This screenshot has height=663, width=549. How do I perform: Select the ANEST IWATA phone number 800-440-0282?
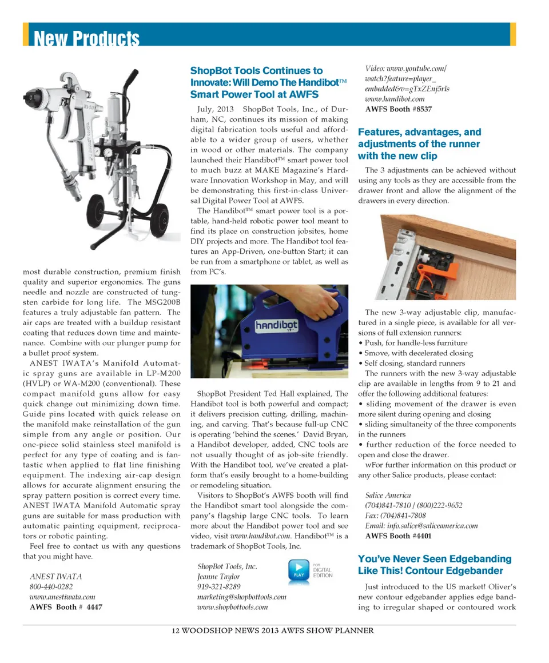51,586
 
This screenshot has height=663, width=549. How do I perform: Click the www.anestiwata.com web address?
62,597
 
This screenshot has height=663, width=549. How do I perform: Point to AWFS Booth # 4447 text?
66,607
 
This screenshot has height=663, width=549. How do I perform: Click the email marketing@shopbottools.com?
241,597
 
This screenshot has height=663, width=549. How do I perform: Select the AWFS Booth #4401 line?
399,536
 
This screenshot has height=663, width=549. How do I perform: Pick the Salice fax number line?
396,516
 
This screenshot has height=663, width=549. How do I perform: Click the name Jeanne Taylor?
218,577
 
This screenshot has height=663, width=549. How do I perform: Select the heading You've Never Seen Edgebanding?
435,559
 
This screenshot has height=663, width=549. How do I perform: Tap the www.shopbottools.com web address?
232,607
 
